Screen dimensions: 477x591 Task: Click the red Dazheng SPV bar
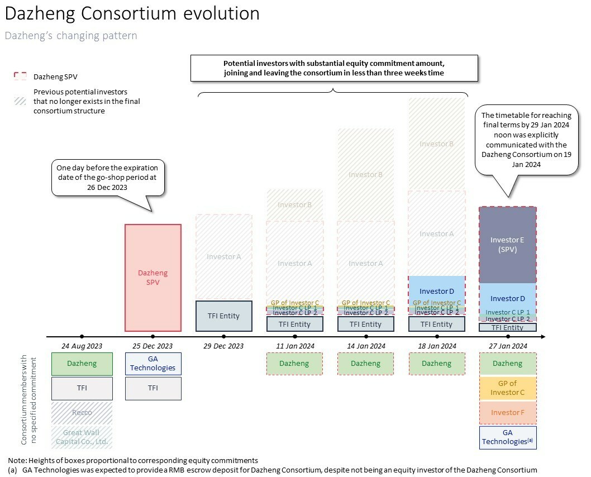(x=152, y=278)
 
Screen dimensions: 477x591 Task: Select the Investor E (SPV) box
(x=507, y=245)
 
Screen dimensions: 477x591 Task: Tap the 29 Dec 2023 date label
(x=223, y=346)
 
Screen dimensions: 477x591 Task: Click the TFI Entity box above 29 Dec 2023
(x=223, y=316)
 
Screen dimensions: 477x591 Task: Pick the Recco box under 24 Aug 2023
(x=82, y=413)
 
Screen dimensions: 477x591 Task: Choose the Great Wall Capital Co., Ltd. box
(x=82, y=437)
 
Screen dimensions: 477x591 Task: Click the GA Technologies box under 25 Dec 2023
(x=152, y=364)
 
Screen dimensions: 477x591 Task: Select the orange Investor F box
(x=508, y=413)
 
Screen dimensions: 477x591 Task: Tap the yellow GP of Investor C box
(x=508, y=388)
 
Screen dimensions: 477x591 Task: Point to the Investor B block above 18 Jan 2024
(x=437, y=144)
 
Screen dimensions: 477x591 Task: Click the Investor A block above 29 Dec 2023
(x=223, y=257)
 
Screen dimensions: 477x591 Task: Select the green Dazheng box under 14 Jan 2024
(x=366, y=364)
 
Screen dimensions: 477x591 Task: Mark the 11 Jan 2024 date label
(x=295, y=346)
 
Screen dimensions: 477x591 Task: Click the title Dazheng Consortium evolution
(x=132, y=13)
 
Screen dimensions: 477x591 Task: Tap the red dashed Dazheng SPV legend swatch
(x=20, y=77)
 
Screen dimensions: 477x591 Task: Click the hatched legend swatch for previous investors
(x=20, y=101)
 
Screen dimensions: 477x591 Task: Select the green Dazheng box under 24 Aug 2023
(x=82, y=364)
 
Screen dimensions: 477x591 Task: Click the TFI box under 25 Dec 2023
(x=152, y=388)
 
